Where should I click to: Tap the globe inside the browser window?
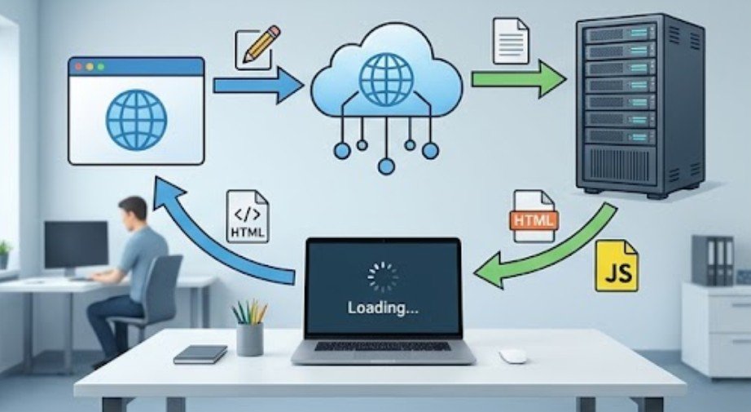tap(137, 120)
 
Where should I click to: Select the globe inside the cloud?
tap(386, 80)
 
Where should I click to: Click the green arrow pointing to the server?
tap(518, 79)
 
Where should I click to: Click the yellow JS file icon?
tap(617, 266)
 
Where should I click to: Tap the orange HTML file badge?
tap(534, 220)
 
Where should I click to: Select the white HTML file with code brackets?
tap(248, 216)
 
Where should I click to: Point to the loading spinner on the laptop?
tap(383, 277)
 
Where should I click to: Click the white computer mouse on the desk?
tap(513, 356)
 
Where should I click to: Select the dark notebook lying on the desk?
tap(200, 354)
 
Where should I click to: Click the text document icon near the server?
tap(511, 41)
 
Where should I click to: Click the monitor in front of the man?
tap(76, 245)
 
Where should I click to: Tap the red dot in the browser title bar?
tap(79, 67)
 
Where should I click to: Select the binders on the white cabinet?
tap(713, 260)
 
